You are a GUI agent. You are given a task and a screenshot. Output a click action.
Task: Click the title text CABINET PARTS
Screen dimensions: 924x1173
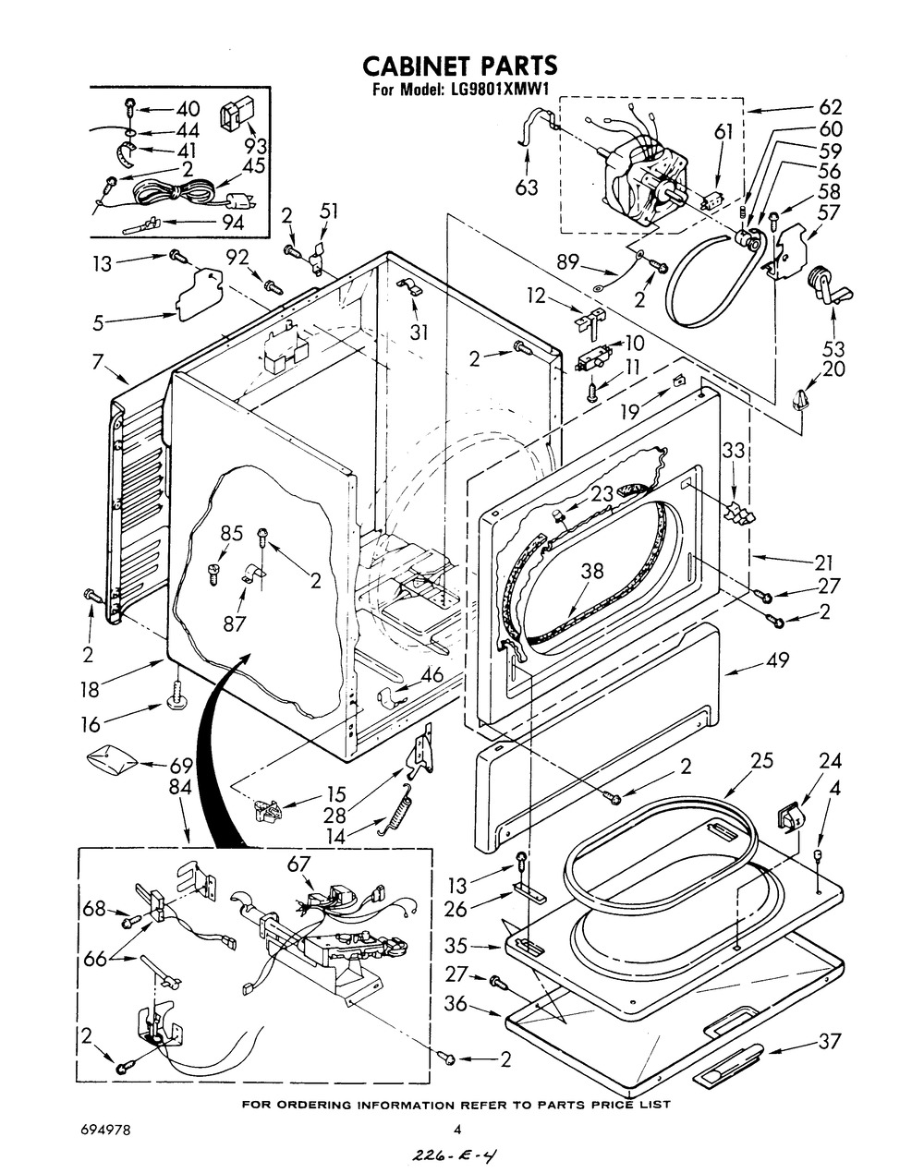click(x=460, y=66)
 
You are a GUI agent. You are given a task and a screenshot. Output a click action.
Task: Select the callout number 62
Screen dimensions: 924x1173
click(x=830, y=107)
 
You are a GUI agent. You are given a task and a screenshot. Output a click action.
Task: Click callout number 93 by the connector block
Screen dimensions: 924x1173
click(x=255, y=146)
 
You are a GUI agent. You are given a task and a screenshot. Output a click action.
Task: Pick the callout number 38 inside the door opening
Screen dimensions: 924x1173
click(x=591, y=570)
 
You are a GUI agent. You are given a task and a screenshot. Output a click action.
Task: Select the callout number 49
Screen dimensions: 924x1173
click(x=777, y=659)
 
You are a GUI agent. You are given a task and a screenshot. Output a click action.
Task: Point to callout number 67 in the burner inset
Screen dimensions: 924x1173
click(x=298, y=864)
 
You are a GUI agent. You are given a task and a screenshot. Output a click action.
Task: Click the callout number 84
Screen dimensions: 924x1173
click(x=180, y=788)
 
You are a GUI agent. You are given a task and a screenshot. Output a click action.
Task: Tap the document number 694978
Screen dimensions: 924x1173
click(x=104, y=1126)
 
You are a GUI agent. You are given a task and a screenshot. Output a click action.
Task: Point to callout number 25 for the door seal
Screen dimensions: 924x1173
click(x=761, y=760)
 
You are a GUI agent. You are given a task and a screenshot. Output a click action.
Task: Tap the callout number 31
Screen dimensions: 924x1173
click(x=419, y=333)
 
